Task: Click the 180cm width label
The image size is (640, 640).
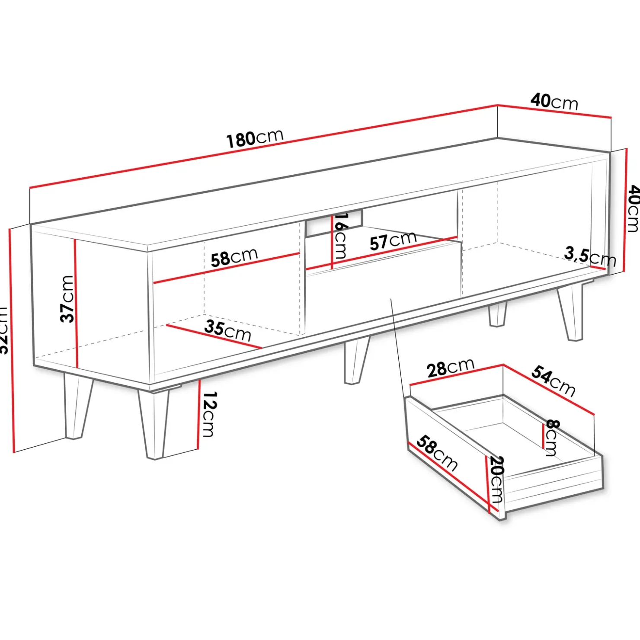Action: click(255, 138)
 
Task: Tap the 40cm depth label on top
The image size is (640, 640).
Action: click(554, 102)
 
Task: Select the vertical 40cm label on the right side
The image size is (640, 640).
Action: click(633, 208)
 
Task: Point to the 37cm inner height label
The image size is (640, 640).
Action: click(67, 299)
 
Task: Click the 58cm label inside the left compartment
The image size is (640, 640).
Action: click(234, 257)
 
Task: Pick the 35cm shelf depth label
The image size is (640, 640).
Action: click(227, 331)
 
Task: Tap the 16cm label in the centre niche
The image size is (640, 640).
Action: click(340, 236)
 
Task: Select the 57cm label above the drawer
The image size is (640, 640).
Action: click(393, 240)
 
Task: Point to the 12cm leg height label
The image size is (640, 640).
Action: click(208, 414)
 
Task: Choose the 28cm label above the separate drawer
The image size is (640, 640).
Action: click(450, 368)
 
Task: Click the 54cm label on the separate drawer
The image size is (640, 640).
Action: click(554, 381)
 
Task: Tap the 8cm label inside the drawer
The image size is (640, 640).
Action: click(551, 438)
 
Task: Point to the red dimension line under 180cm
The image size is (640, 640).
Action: click(264, 147)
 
